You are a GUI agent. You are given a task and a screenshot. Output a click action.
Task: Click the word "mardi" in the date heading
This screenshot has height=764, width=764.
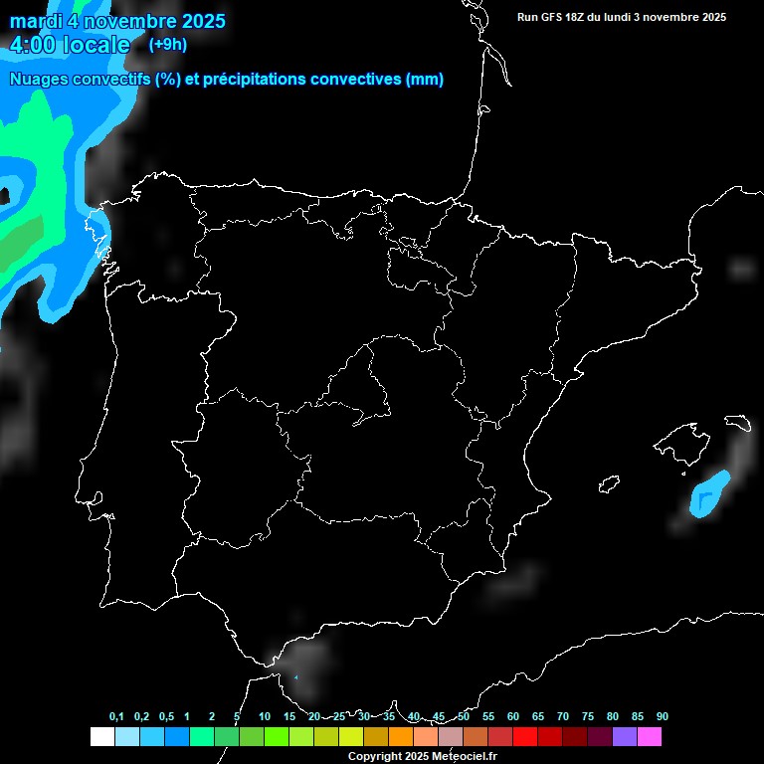(x=34, y=21)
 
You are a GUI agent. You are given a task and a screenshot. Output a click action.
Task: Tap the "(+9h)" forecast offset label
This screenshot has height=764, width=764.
(x=167, y=44)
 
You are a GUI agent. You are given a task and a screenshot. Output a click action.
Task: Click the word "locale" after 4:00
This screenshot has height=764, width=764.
(x=96, y=45)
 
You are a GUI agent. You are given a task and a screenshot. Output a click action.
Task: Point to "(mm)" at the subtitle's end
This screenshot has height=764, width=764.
(x=425, y=80)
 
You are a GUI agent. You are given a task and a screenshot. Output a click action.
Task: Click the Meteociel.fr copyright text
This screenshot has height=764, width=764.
(x=422, y=757)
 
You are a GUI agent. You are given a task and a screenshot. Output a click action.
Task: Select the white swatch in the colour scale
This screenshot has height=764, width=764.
(x=101, y=737)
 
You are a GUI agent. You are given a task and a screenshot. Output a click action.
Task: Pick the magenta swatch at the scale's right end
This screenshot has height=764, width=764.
(x=650, y=737)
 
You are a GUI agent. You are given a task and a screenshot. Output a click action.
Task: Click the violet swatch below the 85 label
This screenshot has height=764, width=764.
(x=625, y=737)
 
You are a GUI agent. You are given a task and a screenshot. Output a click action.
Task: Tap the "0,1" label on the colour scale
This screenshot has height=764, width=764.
(x=116, y=717)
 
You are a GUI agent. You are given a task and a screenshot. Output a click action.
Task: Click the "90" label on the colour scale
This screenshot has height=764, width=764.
(x=662, y=717)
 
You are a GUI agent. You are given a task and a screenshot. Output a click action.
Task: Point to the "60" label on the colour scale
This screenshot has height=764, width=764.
(x=512, y=717)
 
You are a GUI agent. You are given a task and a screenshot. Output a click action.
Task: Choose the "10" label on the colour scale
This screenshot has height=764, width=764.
(x=264, y=717)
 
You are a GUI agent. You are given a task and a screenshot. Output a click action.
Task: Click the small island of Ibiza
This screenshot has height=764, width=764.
(x=608, y=484)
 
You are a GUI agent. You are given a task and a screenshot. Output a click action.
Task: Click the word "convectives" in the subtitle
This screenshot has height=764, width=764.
(x=358, y=80)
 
